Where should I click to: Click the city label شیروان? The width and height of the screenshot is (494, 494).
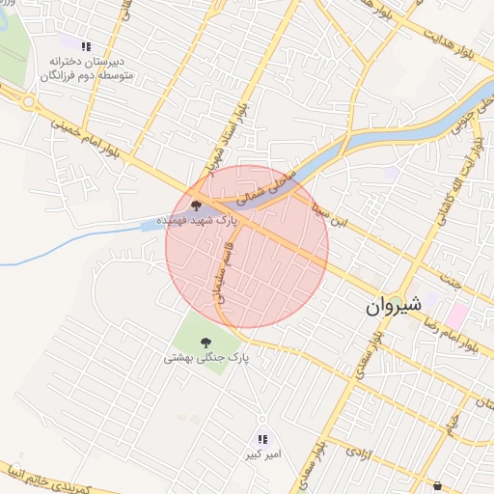(x=394, y=307)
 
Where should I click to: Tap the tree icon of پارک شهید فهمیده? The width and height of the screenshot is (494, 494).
(x=197, y=205)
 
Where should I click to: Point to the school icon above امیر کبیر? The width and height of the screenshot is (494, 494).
(x=262, y=439)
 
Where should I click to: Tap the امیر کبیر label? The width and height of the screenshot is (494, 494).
(x=262, y=453)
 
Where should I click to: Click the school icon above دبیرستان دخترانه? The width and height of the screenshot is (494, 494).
(x=87, y=45)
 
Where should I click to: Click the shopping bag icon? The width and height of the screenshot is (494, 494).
(x=441, y=485)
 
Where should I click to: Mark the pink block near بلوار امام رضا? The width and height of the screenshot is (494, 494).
(x=456, y=315)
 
